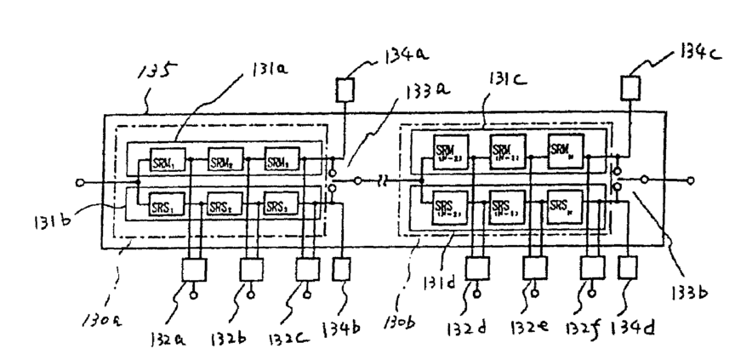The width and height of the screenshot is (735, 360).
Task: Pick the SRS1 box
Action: [164, 206]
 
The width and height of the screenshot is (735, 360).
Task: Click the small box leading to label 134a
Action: [345, 88]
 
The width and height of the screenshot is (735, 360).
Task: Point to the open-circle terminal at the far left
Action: [81, 181]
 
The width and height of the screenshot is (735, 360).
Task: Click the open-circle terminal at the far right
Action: [690, 180]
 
